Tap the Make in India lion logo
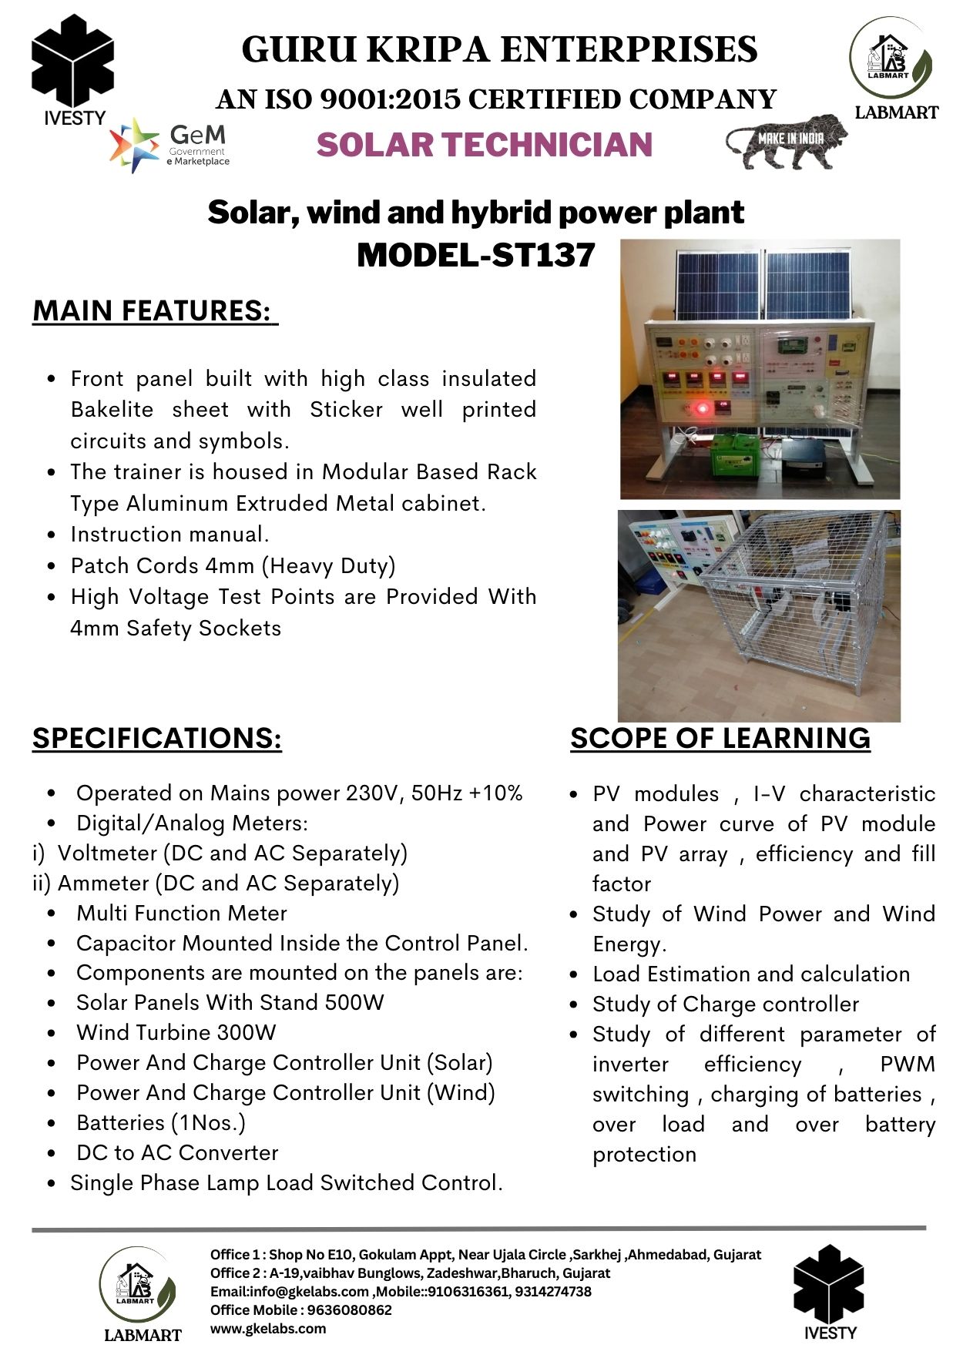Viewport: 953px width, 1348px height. pos(786,141)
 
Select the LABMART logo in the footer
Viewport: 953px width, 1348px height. pos(139,1293)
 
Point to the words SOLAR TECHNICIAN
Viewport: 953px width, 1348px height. pos(484,145)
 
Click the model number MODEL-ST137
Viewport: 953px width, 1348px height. pos(475,255)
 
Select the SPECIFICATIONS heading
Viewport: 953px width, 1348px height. pos(157,738)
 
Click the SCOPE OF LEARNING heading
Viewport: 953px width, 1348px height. pos(720,738)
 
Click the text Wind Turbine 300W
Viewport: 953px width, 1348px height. pos(176,1032)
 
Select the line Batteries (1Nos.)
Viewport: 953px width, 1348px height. pos(160,1122)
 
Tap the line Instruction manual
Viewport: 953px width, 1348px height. pos(169,534)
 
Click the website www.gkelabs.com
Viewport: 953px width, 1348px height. pos(267,1328)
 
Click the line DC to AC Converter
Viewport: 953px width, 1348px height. pos(177,1152)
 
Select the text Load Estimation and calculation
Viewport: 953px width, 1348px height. pos(751,974)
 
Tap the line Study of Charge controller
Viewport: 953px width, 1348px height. pos(725,1004)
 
